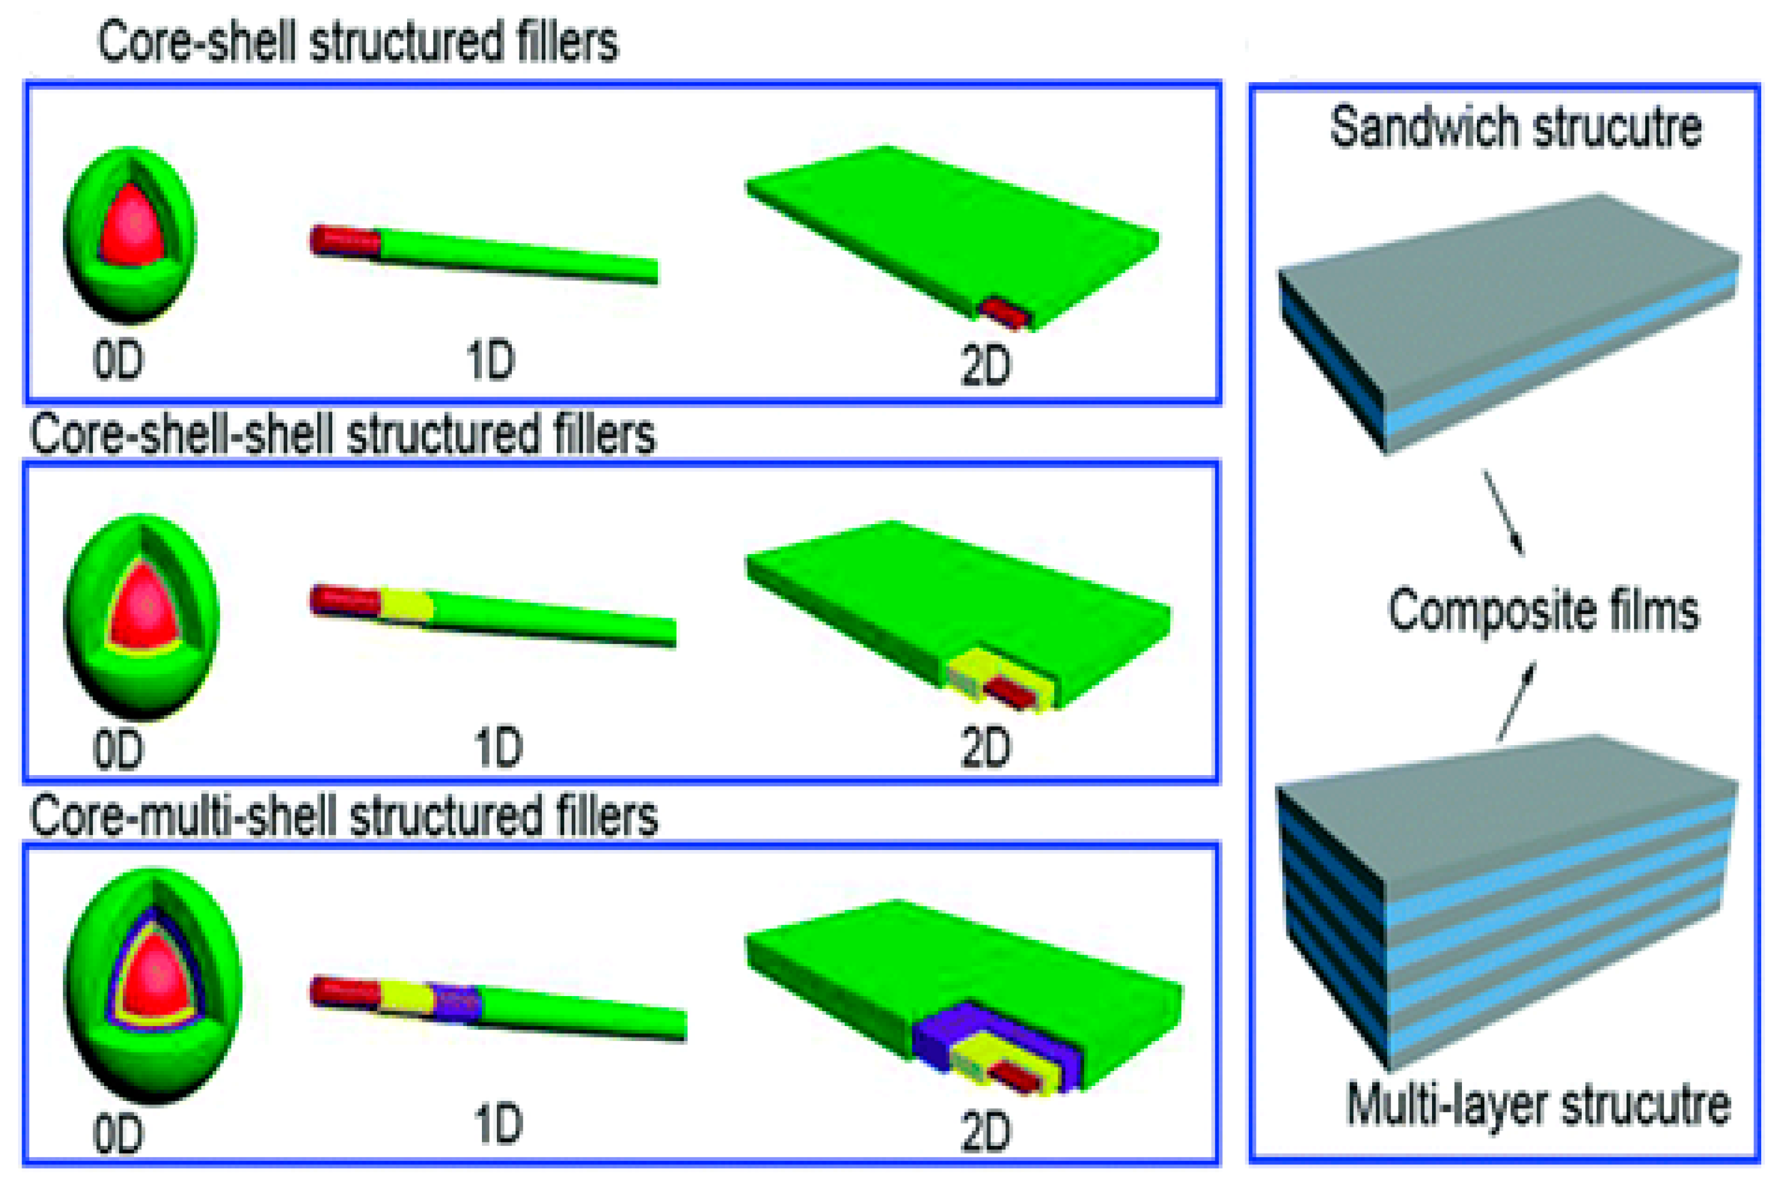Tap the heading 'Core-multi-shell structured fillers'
344,816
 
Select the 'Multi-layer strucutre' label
1538,1105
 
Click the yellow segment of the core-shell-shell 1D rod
406,605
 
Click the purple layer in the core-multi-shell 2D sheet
935,1037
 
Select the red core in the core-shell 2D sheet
1005,311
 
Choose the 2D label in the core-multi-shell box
985,1131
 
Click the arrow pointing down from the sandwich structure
1503,513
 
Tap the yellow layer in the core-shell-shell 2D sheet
973,668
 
